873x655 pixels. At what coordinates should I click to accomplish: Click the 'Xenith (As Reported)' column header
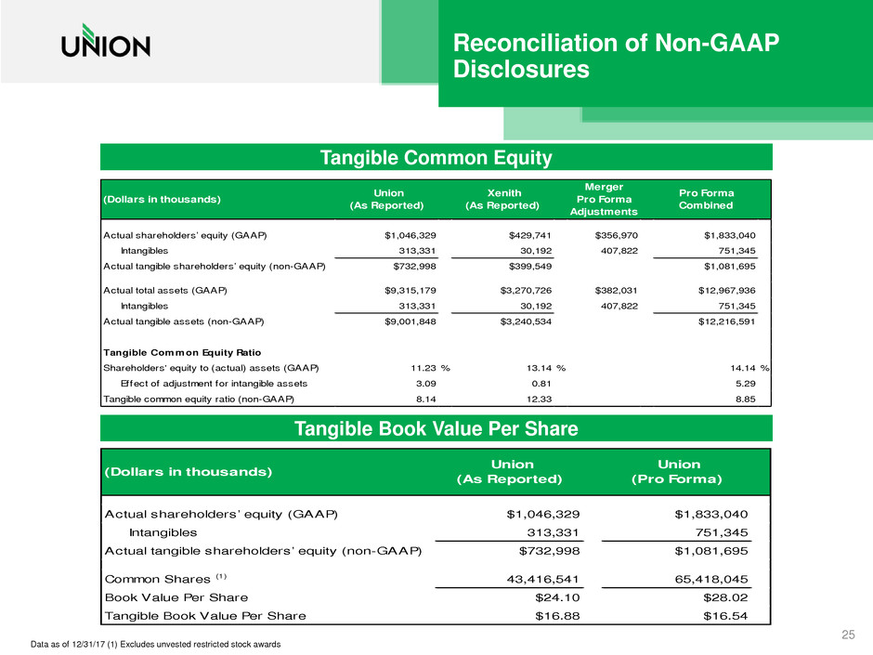click(501, 198)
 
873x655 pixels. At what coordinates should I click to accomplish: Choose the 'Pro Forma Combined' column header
click(705, 198)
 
